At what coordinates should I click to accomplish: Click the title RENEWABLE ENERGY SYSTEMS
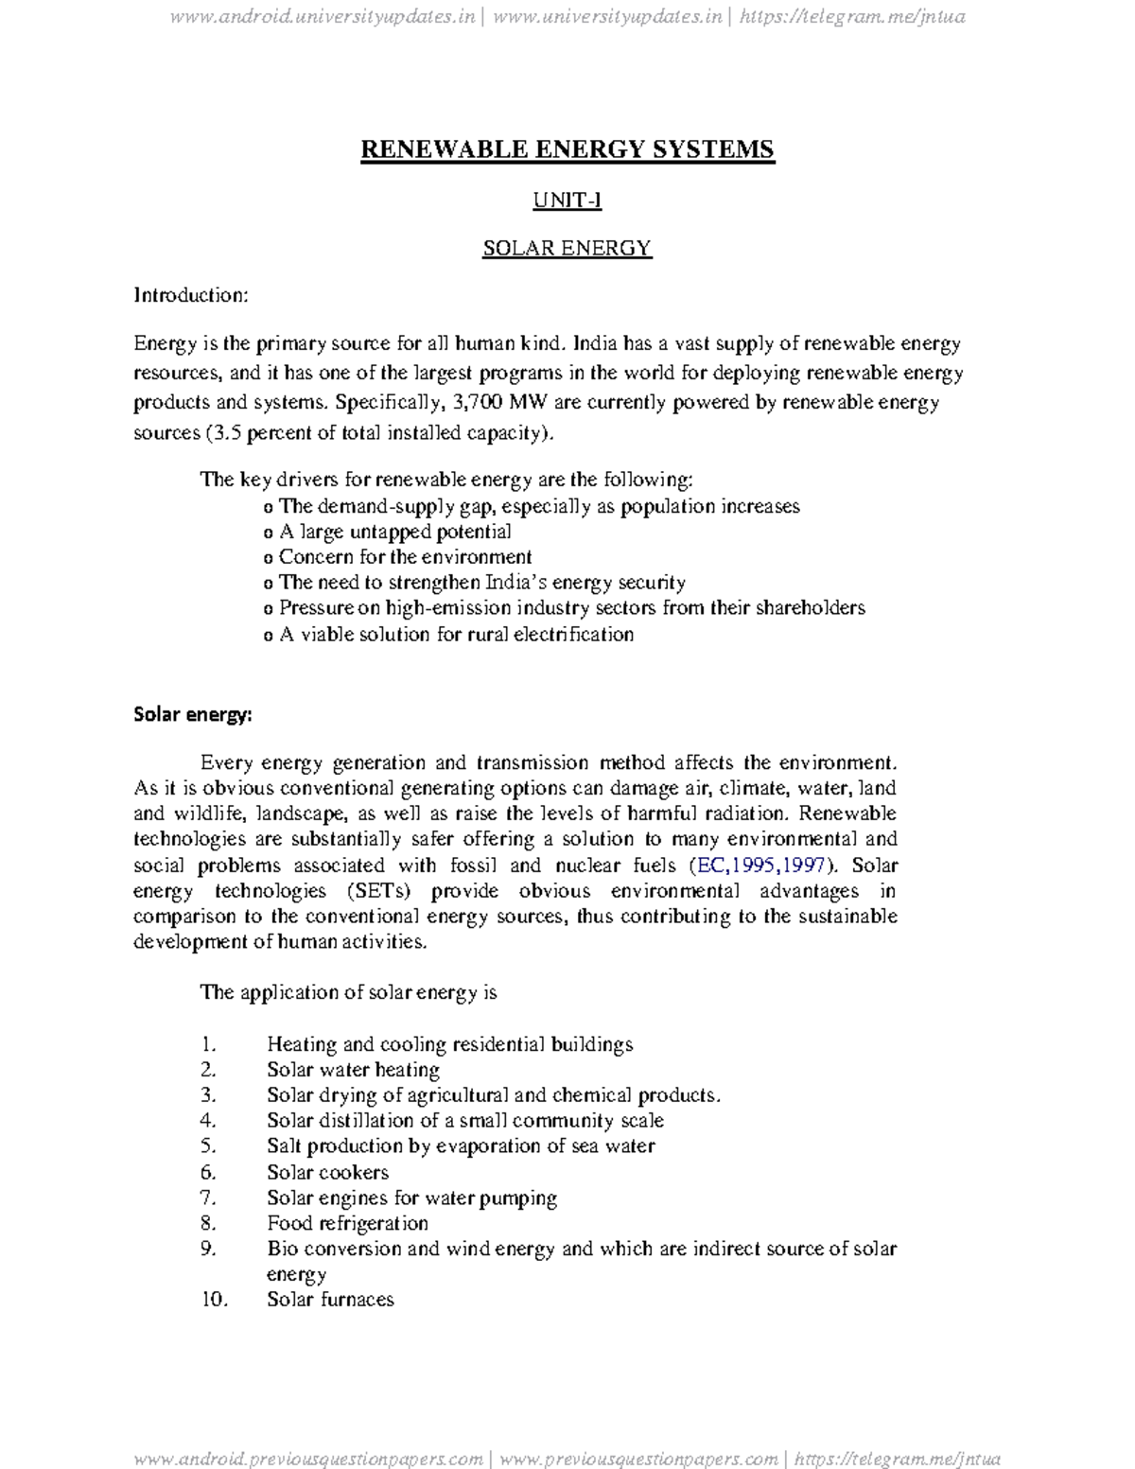click(567, 149)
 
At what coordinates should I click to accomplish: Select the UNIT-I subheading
click(567, 200)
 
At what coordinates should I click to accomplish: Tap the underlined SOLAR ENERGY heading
click(567, 248)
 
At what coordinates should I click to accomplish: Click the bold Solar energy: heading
click(192, 714)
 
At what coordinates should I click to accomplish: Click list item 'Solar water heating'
click(353, 1070)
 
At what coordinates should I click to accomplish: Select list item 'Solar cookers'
click(327, 1172)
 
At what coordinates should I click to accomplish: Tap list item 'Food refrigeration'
click(347, 1223)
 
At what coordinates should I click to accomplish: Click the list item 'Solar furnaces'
click(330, 1300)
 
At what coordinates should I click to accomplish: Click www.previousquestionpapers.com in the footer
click(638, 1459)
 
